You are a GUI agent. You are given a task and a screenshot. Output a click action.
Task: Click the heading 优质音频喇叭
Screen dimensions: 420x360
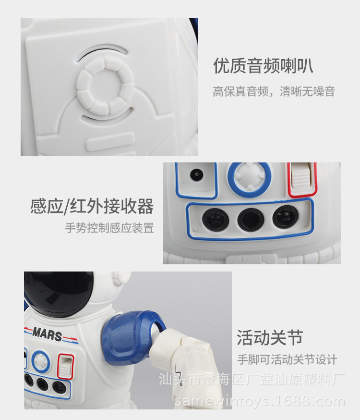[263, 66]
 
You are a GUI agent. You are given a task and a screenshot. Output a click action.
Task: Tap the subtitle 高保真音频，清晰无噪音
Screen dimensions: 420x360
[274, 91]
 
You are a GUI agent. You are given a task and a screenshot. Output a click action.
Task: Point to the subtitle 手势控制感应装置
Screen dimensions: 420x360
[109, 228]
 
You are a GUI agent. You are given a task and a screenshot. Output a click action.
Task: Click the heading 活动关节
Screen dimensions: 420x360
[270, 337]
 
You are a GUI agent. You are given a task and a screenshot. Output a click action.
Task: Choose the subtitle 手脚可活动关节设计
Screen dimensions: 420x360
[287, 359]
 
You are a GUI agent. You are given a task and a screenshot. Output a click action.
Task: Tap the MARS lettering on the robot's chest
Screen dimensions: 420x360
[47, 333]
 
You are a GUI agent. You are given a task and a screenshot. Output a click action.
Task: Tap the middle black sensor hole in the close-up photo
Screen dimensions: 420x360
[250, 219]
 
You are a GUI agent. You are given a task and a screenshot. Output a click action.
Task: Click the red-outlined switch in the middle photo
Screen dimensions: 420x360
[301, 180]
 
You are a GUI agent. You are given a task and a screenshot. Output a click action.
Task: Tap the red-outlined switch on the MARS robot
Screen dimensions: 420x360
[65, 366]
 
